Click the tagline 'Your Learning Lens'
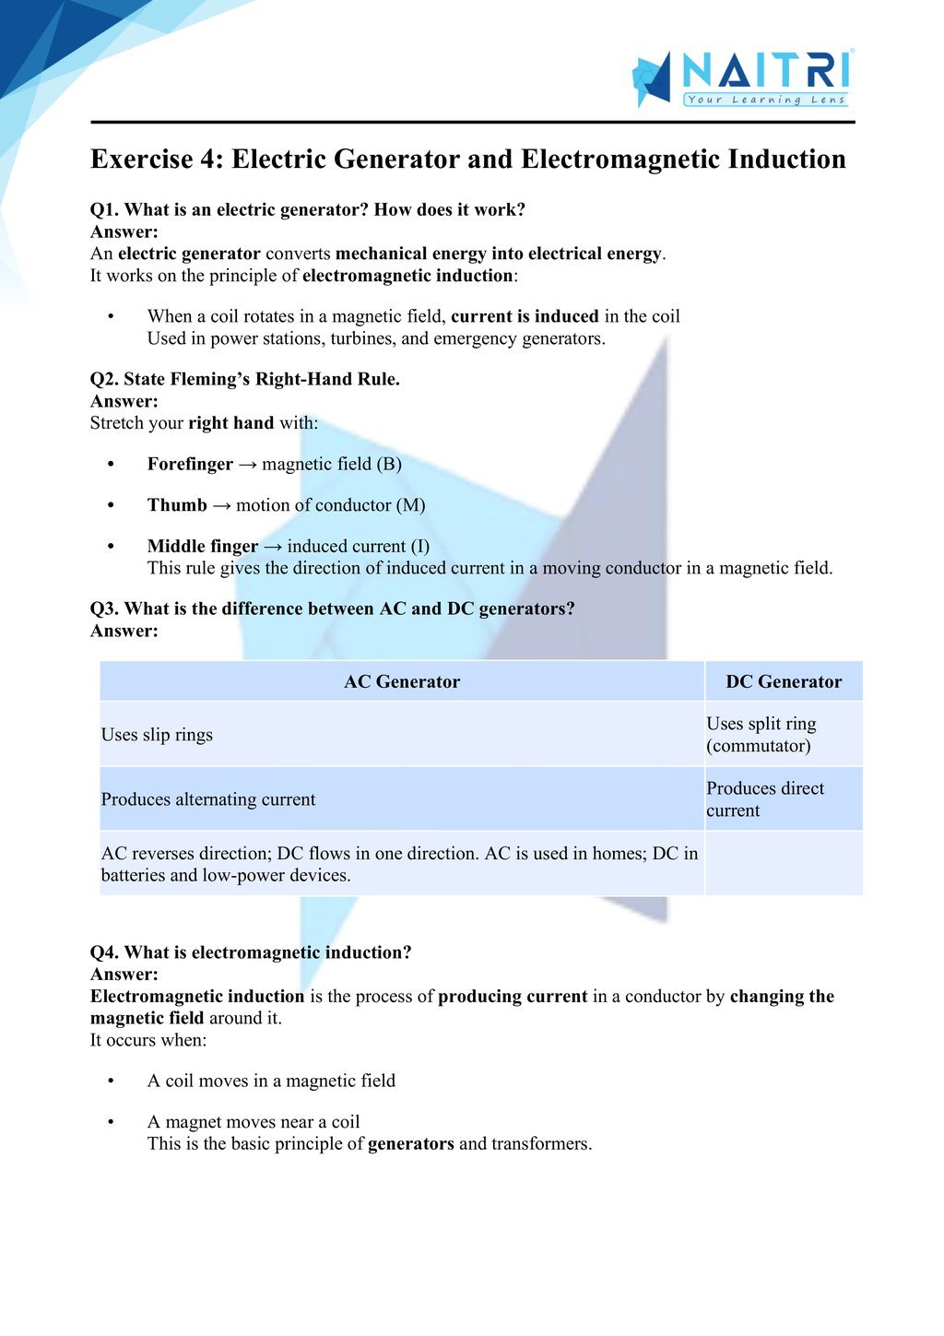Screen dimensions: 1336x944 pyautogui.click(x=765, y=100)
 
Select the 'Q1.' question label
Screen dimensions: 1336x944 pyautogui.click(x=104, y=209)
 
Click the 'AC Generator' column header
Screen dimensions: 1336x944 pyautogui.click(x=401, y=681)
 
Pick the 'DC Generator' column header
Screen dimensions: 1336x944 pyautogui.click(x=784, y=681)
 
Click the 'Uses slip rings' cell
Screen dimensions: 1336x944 pyautogui.click(x=157, y=735)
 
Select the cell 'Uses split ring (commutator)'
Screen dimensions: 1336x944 pyautogui.click(x=761, y=735)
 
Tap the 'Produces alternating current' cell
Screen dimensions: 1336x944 pyautogui.click(x=208, y=799)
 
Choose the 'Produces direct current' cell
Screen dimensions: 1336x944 pyautogui.click(x=765, y=799)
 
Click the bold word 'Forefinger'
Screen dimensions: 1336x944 pyautogui.click(x=190, y=464)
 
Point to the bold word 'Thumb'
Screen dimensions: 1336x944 pyautogui.click(x=177, y=504)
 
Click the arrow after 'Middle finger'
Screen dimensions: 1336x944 pyautogui.click(x=273, y=546)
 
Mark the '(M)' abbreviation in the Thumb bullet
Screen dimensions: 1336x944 pyautogui.click(x=411, y=504)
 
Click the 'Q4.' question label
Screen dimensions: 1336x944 pyautogui.click(x=104, y=952)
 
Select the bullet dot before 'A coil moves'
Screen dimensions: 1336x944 pyautogui.click(x=111, y=1081)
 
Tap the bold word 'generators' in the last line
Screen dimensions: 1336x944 pyautogui.click(x=411, y=1143)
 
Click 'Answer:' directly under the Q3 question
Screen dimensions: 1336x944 pyautogui.click(x=124, y=631)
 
